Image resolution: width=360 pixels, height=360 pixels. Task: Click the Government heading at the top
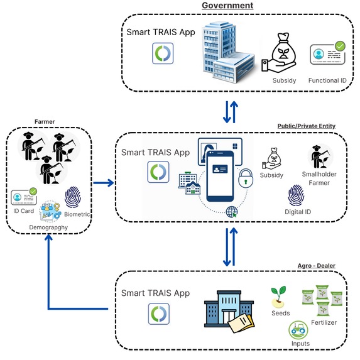227,6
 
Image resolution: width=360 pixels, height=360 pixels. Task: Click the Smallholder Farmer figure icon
319,158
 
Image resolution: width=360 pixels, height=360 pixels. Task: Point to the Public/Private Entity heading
307,126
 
